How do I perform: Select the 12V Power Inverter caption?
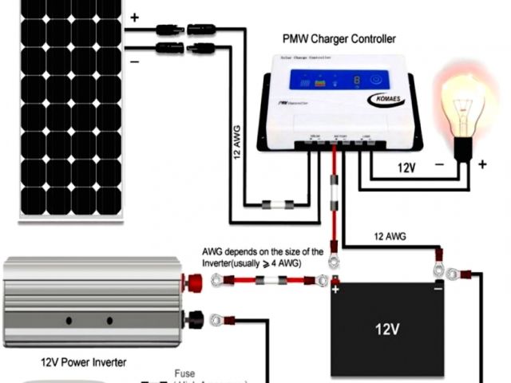coord(84,361)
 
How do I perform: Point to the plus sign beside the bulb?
coord(482,165)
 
